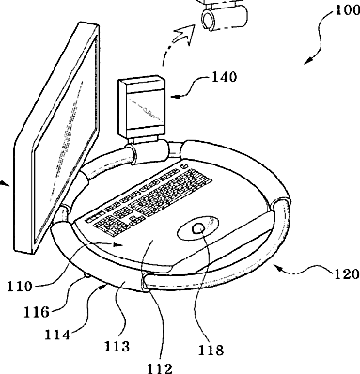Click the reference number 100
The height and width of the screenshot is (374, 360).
click(347, 10)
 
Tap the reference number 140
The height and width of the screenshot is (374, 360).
click(225, 77)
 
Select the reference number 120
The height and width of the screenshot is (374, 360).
click(347, 274)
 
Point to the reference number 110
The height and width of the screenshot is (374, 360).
click(20, 287)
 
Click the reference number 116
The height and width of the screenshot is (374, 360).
click(37, 312)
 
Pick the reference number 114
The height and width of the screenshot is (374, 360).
click(57, 335)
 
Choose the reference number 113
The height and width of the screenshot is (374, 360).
click(117, 347)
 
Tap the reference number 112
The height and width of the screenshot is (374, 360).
click(160, 368)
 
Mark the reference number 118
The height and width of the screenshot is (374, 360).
click(211, 351)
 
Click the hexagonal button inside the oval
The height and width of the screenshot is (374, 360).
click(198, 229)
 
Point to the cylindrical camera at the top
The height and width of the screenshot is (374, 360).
click(225, 18)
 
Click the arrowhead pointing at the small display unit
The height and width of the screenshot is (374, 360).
click(176, 97)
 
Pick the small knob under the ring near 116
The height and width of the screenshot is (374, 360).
click(86, 275)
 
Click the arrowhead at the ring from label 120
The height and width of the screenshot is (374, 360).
click(278, 268)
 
